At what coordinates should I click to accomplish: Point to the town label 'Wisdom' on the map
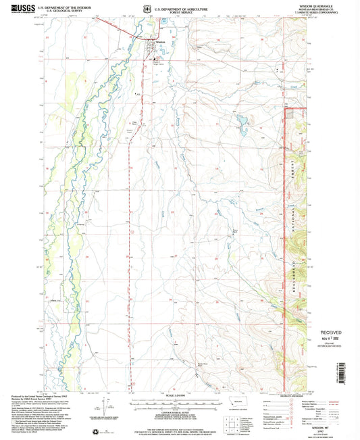click(160, 41)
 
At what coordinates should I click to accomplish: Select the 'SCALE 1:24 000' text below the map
click(175, 395)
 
